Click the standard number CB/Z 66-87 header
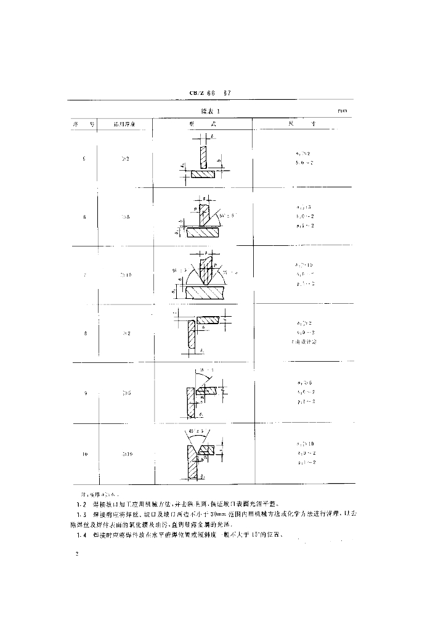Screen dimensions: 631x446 tap(209, 94)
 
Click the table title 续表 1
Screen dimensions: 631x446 tap(210, 112)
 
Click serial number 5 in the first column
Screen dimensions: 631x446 tap(84, 159)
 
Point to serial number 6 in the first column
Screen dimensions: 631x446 tap(84, 217)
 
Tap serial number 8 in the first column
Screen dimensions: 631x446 tap(84, 333)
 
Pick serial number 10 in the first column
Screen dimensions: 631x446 tap(84, 454)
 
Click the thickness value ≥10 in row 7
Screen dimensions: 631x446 tap(125, 275)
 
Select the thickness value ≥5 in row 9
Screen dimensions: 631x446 tap(125, 393)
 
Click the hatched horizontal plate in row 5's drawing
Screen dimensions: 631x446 tap(203, 174)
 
